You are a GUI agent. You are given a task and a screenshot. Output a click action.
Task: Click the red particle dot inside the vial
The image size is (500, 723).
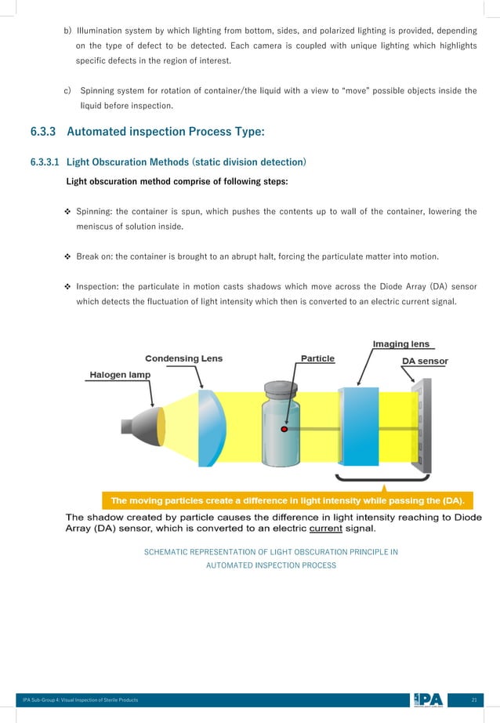tap(285, 430)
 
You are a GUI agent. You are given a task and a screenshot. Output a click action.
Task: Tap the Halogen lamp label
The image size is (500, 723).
tap(118, 375)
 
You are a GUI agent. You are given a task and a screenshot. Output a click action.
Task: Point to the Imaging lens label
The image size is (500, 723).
tap(400, 343)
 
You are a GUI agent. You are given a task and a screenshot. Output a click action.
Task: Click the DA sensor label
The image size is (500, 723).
tap(425, 361)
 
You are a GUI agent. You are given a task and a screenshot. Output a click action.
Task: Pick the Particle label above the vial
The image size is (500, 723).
tap(317, 358)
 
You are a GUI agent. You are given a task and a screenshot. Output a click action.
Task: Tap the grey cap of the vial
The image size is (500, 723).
tap(282, 389)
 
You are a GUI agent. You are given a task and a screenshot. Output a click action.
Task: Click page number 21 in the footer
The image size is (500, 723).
tap(474, 699)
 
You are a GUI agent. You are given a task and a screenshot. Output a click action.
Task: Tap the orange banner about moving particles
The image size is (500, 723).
tap(288, 500)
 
